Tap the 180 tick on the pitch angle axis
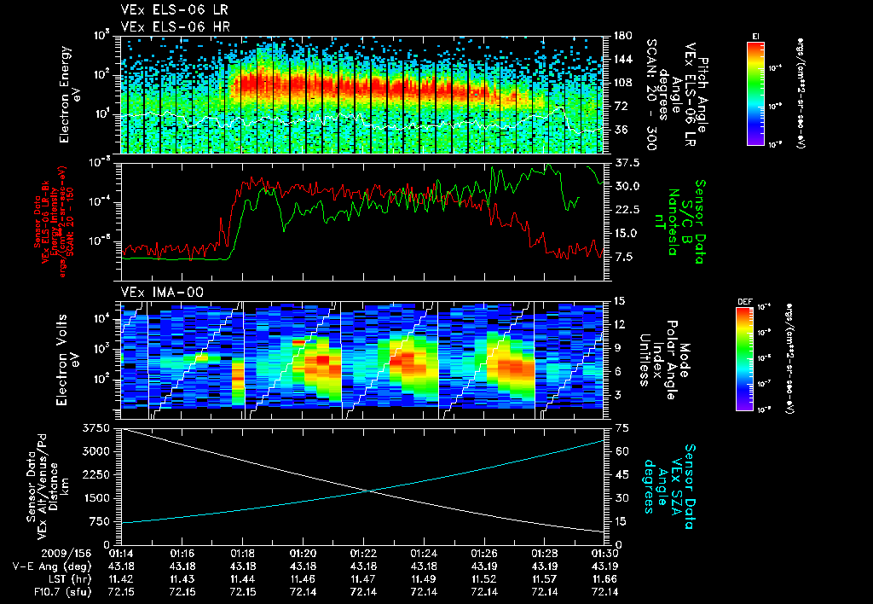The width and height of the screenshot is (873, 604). click(x=622, y=36)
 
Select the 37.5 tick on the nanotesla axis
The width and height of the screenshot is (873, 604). click(x=626, y=162)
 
